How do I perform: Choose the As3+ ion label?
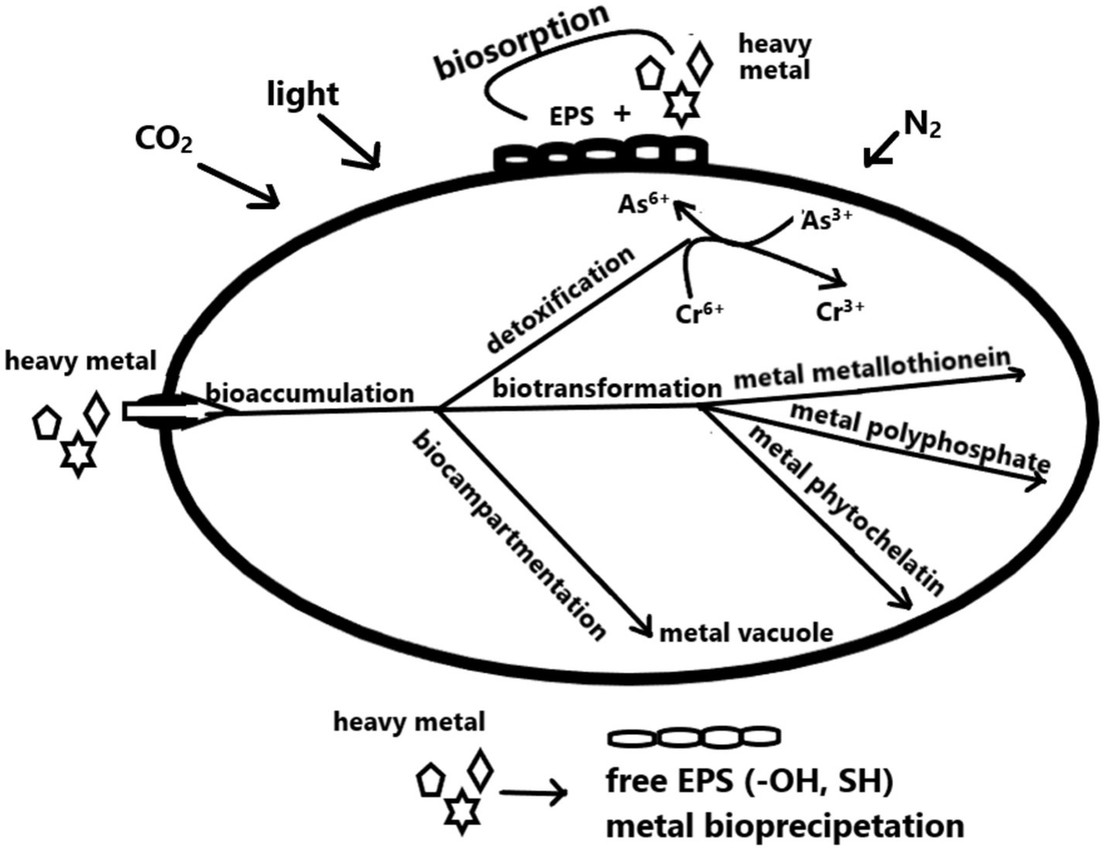[x=829, y=219]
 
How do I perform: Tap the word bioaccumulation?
[x=308, y=392]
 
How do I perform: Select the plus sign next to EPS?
[x=622, y=114]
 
